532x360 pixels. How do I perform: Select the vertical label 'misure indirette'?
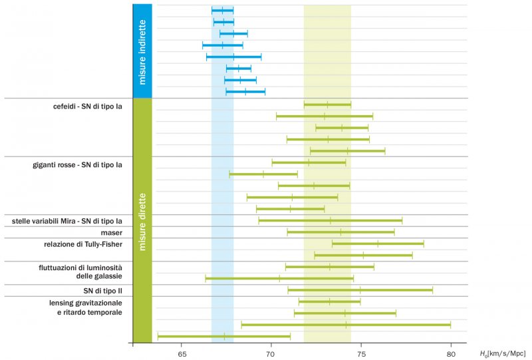point(142,52)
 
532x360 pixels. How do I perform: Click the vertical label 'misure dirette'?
point(142,220)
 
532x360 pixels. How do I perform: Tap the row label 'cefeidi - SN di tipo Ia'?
point(88,105)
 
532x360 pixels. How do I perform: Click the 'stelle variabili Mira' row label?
point(67,221)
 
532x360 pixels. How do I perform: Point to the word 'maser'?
point(112,232)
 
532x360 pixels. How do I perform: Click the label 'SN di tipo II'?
point(104,291)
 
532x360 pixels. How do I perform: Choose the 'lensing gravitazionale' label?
point(86,302)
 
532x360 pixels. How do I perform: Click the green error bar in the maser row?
point(340,232)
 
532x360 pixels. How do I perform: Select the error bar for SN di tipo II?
point(360,290)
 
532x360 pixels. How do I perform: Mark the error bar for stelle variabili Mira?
point(330,220)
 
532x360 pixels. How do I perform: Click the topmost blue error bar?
point(222,11)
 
